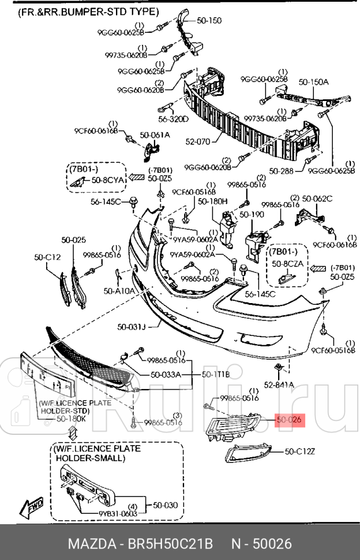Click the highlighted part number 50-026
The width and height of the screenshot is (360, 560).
[x=288, y=420]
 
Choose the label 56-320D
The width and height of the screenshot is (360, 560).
[x=173, y=120]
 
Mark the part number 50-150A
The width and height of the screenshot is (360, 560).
[x=313, y=83]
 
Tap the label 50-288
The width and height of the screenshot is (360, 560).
[x=282, y=171]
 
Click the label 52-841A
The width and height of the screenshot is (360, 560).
[x=279, y=384]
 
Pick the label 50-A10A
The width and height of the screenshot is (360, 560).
[x=119, y=291]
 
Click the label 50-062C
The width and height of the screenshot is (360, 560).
[x=317, y=199]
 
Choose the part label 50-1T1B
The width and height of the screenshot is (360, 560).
[x=216, y=374]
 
